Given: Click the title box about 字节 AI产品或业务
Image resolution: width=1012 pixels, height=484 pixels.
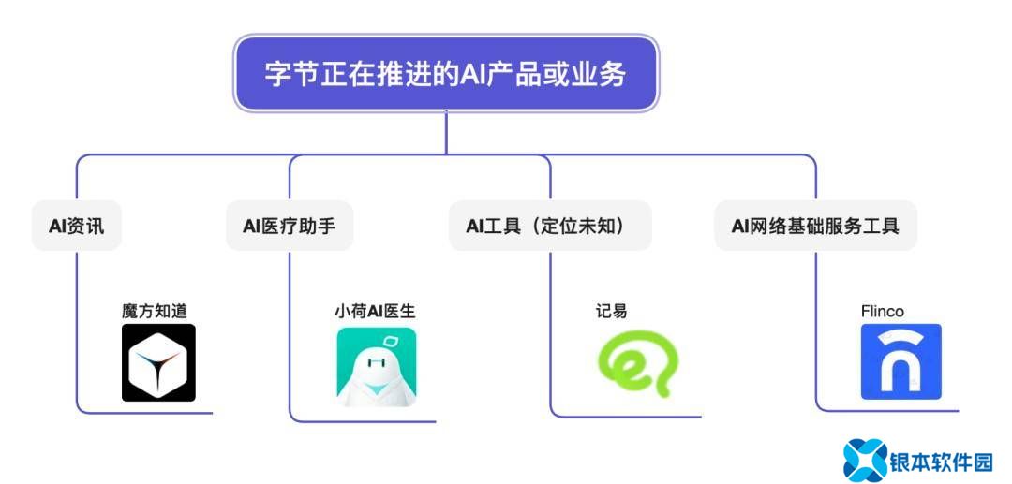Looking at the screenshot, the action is pos(446,73).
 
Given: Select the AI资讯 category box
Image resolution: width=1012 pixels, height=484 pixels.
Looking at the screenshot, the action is pos(77,226).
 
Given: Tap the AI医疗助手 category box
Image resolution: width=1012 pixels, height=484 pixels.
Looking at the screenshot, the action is pos(290,226).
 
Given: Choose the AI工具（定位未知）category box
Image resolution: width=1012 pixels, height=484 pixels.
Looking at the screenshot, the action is pos(551,226).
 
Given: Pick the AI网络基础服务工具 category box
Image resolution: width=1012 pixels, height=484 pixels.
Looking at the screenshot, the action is pos(816,226).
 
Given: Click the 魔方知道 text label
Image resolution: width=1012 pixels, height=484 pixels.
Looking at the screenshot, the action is pos(155,312).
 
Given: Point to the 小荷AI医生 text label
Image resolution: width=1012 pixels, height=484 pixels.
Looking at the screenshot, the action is pos(375,312).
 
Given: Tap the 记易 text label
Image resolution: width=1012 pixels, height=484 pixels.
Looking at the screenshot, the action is pos(611,312).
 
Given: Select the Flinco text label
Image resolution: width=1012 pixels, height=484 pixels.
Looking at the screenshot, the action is pos(883,312).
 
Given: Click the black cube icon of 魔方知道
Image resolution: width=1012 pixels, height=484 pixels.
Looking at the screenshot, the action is pos(158,363).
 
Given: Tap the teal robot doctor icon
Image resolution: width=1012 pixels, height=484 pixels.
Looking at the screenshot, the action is pos(377,367).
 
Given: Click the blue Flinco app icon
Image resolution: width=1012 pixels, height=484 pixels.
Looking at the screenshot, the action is pos(901,361).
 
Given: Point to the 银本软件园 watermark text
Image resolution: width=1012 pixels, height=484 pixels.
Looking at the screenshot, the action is pos(941,462).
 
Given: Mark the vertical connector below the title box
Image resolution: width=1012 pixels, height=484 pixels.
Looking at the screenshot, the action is pos(446,133).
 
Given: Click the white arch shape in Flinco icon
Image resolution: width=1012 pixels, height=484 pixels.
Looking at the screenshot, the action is pos(901,367).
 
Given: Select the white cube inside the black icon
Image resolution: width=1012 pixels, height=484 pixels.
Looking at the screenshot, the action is pos(158,365).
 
